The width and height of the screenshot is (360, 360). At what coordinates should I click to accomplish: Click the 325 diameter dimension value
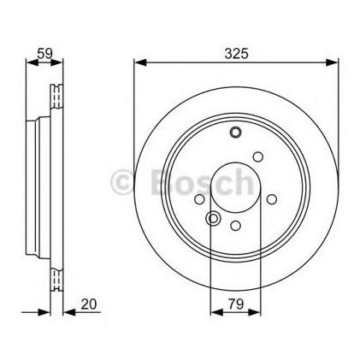236,53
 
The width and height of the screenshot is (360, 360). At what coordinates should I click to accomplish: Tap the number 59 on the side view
44,53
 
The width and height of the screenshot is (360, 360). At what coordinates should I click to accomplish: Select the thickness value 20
89,304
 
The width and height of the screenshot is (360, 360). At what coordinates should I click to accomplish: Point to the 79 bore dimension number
236,304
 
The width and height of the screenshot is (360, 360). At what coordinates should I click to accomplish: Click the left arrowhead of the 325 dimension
140,62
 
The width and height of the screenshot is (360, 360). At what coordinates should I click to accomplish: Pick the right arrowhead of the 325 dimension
332,62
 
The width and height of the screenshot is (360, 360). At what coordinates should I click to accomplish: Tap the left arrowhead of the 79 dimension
216,312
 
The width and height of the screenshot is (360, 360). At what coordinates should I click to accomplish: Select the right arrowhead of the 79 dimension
254,312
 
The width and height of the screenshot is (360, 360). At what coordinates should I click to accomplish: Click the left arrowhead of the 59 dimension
32,62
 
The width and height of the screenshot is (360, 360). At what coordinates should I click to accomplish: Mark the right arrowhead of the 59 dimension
56,62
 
